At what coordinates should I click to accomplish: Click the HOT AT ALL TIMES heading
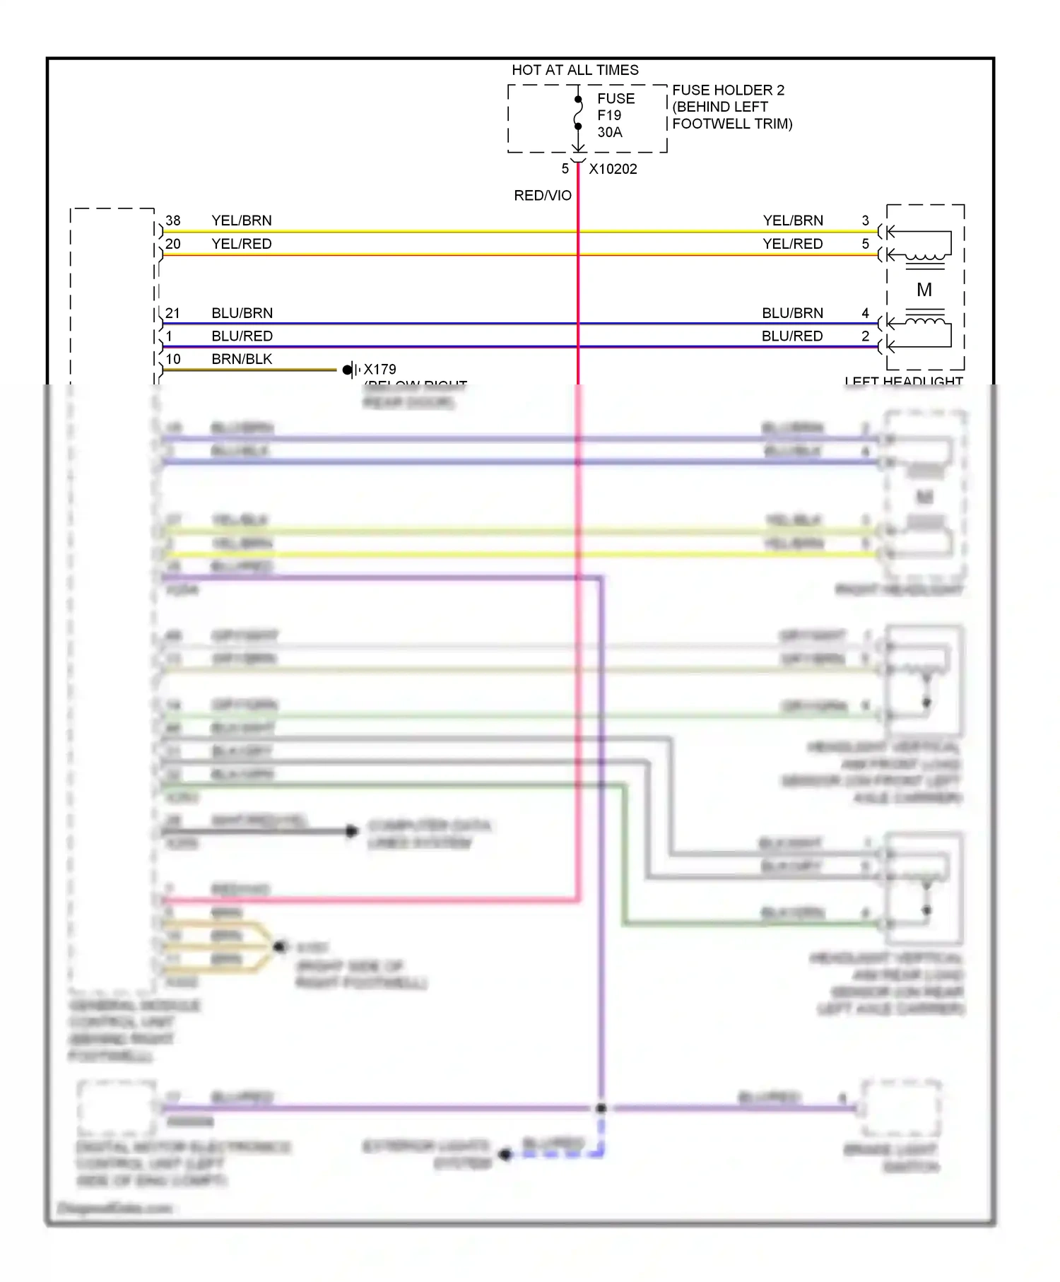coord(575,70)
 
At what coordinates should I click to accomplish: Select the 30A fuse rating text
coord(609,132)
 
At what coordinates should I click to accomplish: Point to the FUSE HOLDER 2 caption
coord(728,90)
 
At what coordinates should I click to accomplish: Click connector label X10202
coord(613,170)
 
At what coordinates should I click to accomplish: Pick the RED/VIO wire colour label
coord(542,196)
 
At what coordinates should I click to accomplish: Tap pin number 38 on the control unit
coord(173,220)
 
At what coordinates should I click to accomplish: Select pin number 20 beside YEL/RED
coord(173,244)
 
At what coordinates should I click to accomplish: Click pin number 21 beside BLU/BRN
coord(173,313)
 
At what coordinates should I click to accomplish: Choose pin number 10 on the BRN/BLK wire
coord(173,359)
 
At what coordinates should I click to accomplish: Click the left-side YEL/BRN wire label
coord(241,220)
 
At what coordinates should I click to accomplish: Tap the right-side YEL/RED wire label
coord(792,244)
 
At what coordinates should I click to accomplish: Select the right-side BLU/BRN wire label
coord(792,313)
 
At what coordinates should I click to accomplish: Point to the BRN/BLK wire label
coord(241,359)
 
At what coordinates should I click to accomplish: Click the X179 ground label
coord(379,369)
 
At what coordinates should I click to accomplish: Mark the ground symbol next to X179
coord(351,370)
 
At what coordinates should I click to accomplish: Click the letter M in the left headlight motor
coord(924,290)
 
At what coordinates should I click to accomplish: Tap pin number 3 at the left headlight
coord(865,220)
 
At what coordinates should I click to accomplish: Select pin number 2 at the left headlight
coord(865,336)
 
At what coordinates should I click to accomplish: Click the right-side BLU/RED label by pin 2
coord(791,336)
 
